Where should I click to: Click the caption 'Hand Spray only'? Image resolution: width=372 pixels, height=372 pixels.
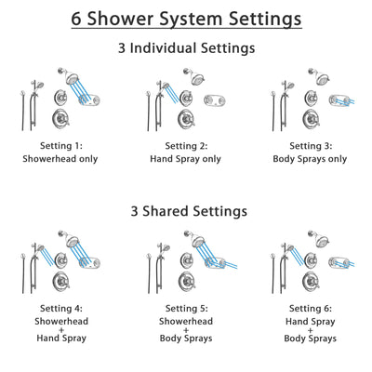pyautogui.click(x=186, y=159)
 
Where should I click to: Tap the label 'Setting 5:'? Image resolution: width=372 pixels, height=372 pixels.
pyautogui.click(x=186, y=309)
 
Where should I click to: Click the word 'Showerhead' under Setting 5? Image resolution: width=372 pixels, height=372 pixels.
pyautogui.click(x=186, y=322)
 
